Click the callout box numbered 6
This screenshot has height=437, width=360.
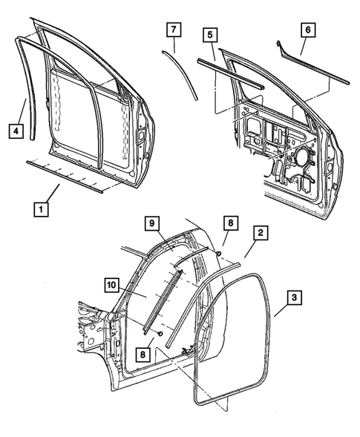point(307,30)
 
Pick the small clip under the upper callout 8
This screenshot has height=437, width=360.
point(221,253)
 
